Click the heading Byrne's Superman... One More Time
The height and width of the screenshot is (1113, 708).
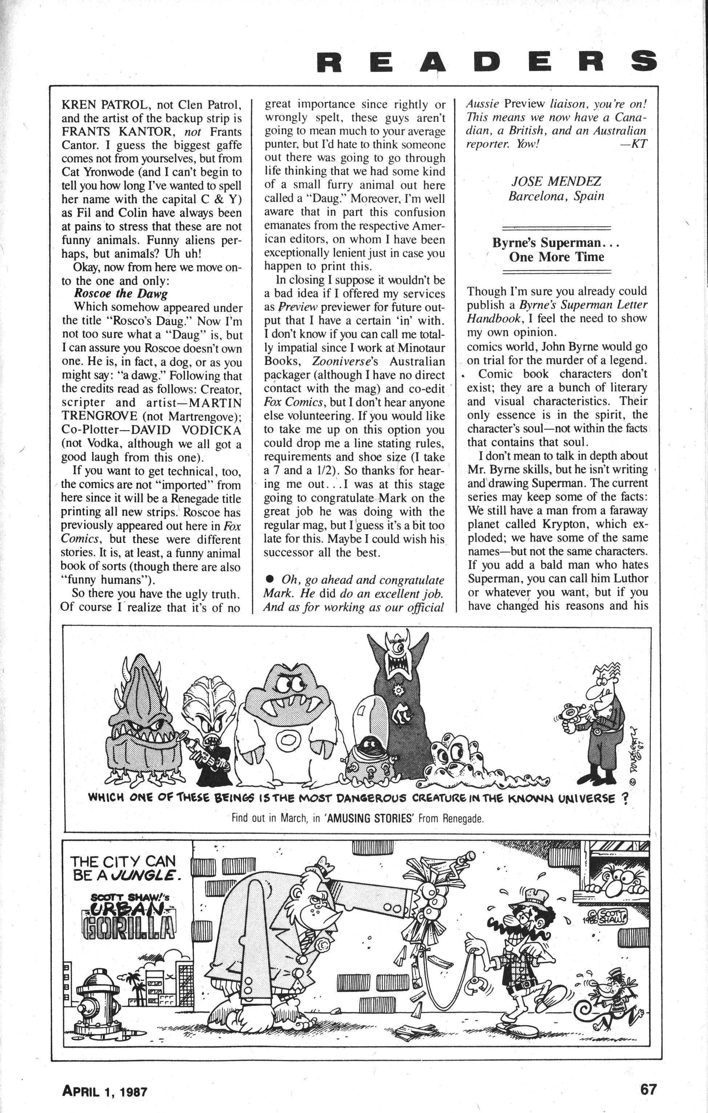tap(556, 250)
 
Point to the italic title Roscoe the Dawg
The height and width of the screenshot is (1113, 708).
tap(121, 294)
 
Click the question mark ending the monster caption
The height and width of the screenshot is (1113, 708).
tap(625, 799)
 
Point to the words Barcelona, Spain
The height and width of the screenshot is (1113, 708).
tap(556, 196)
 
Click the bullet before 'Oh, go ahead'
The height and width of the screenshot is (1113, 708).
tap(270, 580)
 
